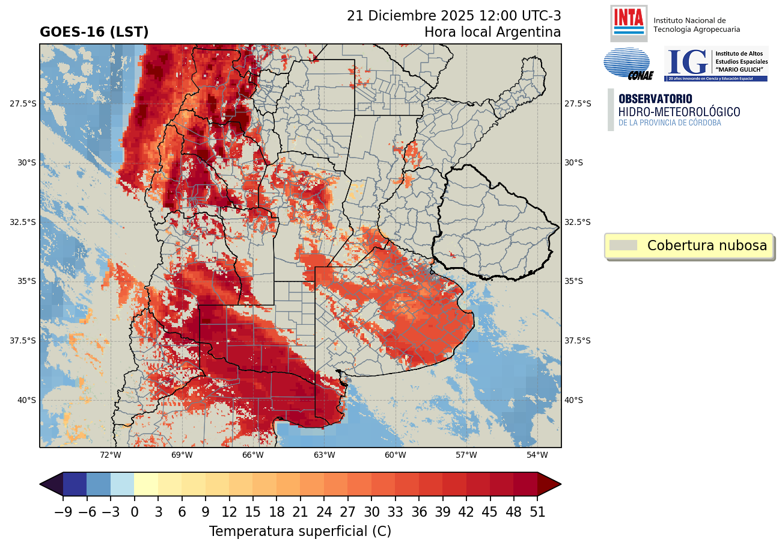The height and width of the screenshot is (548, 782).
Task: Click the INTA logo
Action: pos(629,23)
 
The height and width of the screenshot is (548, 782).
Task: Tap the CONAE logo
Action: pos(627,64)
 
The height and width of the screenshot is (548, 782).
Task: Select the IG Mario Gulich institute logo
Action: pos(715,64)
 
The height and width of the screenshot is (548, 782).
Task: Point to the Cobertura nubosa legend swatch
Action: pos(623,245)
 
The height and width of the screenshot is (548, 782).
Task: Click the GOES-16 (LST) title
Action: pos(94,32)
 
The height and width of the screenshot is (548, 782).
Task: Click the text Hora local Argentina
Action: pos(492,32)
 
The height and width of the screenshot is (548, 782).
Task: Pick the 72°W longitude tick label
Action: pos(111,455)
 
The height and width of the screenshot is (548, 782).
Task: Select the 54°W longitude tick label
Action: pos(537,455)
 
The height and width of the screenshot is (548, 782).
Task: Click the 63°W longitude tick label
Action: pos(324,455)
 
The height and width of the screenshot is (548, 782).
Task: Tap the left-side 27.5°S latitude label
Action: pos(23,103)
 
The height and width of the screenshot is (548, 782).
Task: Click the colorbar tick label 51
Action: pos(537,513)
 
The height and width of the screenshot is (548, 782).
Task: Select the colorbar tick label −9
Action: pos(63,513)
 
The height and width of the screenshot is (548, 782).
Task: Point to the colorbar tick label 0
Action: pos(134,513)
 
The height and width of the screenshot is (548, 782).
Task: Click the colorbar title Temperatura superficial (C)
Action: pos(300,532)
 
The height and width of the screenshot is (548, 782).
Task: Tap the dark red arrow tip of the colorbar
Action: pos(549,484)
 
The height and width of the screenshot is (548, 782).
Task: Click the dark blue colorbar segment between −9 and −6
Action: pos(75,484)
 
